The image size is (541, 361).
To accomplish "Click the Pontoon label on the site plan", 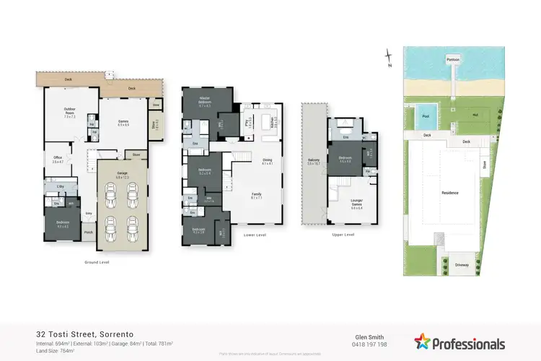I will coord(453,58).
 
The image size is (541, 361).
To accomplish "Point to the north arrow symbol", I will coord(389,56).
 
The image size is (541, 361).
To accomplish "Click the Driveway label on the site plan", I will coord(462,265).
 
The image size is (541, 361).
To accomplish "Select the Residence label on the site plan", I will coord(450,193).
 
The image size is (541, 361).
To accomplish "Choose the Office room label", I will coord(58,160).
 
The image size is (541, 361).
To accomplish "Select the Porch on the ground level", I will coord(88,232).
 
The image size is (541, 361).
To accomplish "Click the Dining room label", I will coord(267,162).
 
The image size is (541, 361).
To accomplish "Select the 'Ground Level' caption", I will coord(97,262).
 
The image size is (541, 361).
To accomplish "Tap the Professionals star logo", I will coord(422,342).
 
